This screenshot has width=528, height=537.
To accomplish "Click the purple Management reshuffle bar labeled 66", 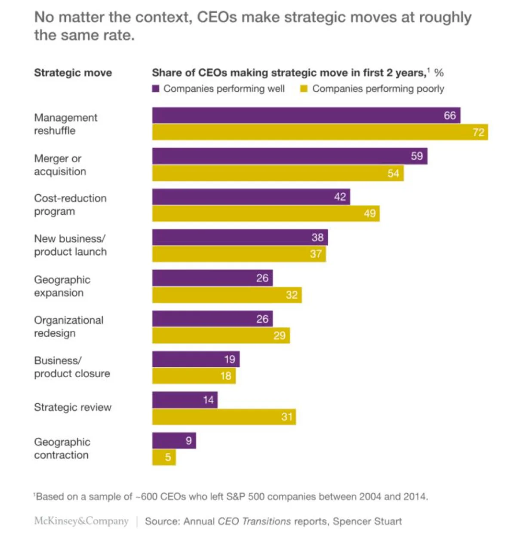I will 306,116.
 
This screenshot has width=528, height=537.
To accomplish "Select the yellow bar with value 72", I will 320,132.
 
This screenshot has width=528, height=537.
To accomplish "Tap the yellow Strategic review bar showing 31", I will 224,417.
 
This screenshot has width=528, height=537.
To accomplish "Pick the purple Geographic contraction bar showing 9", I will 174,441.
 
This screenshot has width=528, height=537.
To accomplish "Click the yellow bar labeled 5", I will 164,457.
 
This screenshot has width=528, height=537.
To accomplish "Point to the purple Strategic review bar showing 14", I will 184,400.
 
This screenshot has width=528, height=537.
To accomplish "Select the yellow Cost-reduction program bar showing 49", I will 265,214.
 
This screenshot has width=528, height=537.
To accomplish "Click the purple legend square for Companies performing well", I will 156,89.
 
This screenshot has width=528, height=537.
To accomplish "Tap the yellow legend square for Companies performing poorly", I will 304,89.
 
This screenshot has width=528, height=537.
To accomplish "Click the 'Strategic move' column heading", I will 73,73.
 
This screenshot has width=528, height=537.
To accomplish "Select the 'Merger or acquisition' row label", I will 60,165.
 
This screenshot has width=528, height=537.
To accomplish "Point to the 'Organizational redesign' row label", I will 68,326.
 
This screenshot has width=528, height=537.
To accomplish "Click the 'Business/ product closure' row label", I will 72,367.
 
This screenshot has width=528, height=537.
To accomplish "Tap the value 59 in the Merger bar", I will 417,156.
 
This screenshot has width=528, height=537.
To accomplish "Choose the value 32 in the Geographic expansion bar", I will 292,295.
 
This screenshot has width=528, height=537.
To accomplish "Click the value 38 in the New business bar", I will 317,237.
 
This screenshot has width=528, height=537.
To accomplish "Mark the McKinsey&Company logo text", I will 81,521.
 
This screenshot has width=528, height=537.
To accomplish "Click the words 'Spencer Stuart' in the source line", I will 367,521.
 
